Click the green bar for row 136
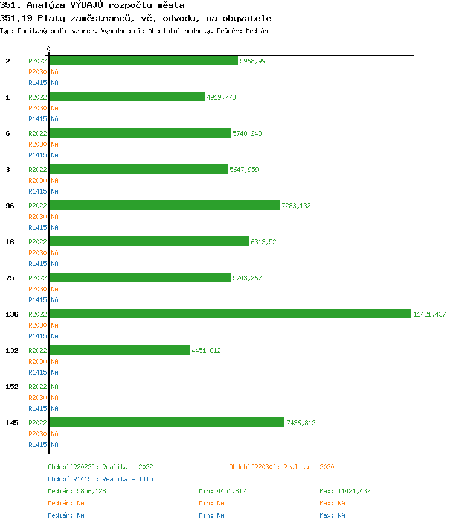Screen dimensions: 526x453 [x=230, y=314]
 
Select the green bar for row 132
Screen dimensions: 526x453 [x=120, y=350]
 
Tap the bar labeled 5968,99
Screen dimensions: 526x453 [x=144, y=61]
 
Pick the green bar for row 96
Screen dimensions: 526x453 [x=164, y=205]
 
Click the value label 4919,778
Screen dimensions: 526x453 [x=221, y=97]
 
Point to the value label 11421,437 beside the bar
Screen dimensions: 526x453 [x=429, y=314]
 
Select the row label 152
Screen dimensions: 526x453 [x=12, y=387]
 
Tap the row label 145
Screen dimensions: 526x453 [x=12, y=423]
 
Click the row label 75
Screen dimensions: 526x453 [x=10, y=278]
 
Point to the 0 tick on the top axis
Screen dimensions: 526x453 [x=49, y=49]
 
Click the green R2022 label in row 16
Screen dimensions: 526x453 [x=37, y=242]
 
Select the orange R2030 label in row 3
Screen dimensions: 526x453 [x=37, y=180]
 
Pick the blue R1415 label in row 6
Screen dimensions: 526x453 [x=37, y=155]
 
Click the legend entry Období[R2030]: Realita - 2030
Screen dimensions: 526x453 [x=281, y=467]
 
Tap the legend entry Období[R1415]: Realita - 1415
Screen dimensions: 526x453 [x=100, y=479]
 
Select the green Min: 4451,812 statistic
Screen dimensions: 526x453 [x=222, y=491]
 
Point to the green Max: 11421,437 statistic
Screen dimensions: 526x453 [x=345, y=491]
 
